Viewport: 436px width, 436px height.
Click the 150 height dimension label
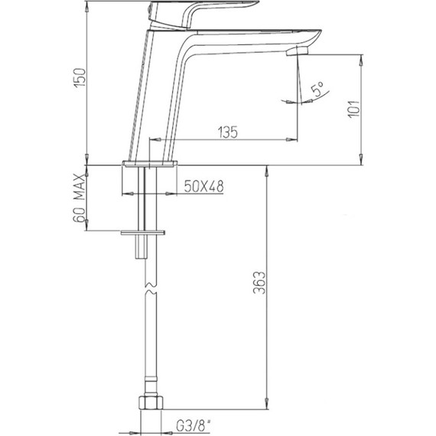[x=80, y=77]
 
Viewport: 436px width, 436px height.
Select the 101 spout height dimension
[x=354, y=109]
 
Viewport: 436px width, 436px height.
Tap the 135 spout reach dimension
[x=228, y=132]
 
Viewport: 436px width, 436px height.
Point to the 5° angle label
[x=317, y=89]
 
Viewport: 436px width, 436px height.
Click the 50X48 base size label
[x=203, y=186]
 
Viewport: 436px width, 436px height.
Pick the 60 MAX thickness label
[x=79, y=197]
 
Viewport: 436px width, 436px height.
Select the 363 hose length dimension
[x=260, y=283]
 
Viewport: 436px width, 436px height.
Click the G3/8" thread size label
[x=194, y=426]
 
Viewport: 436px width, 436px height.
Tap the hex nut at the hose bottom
[x=151, y=402]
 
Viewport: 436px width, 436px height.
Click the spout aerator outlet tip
[x=298, y=51]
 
